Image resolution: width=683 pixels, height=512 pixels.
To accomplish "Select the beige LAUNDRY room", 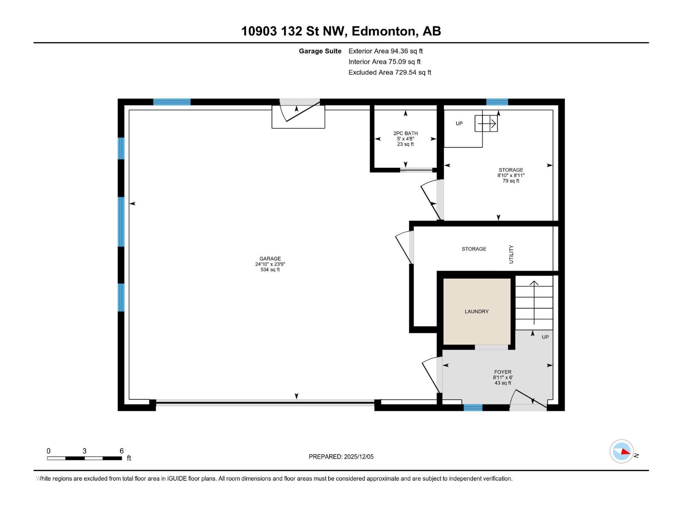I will [x=476, y=311].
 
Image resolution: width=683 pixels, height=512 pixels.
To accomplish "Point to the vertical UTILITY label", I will [x=511, y=254].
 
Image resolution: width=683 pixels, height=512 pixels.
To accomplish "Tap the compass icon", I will [x=621, y=451].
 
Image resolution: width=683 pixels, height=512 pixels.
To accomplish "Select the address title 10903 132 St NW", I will [x=341, y=31].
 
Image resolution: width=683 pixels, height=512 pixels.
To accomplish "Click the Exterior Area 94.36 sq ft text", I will [x=385, y=51].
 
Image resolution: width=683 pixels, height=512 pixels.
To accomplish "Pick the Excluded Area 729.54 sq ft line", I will [x=389, y=73].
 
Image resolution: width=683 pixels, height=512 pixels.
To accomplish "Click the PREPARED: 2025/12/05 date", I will [x=341, y=457].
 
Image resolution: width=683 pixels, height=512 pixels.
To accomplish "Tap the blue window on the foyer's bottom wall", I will [x=473, y=407].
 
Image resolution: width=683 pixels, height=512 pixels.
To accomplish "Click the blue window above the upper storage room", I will [x=497, y=102].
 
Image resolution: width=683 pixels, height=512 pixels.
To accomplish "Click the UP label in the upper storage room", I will [x=459, y=124].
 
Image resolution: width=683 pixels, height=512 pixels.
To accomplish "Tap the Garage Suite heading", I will [x=320, y=51].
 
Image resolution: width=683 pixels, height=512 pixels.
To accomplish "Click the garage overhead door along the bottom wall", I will [x=265, y=402].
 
